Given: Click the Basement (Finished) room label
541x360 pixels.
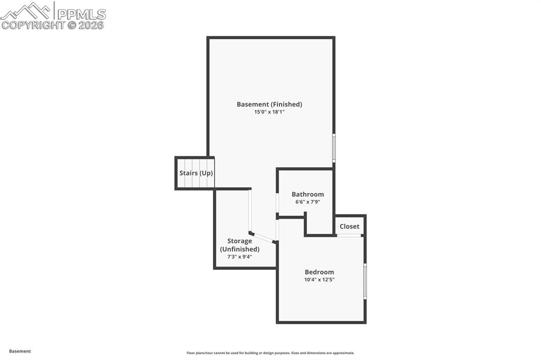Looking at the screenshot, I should (x=269, y=105).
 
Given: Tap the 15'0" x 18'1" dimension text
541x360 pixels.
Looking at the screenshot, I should (x=269, y=112).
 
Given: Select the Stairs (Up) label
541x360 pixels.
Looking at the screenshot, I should (x=196, y=173).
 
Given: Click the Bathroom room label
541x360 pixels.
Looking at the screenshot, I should (x=307, y=194).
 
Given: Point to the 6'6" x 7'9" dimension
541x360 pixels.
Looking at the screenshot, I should (x=307, y=202).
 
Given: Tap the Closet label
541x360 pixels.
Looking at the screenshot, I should (x=349, y=226).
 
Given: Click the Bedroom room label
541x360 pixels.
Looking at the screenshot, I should (x=319, y=272).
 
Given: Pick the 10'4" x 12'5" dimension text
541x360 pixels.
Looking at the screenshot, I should (x=319, y=280).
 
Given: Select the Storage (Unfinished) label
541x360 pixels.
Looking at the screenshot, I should (x=239, y=245).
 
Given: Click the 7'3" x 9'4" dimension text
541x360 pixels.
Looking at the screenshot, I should (x=239, y=257).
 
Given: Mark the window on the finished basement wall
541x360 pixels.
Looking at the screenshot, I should (x=333, y=148).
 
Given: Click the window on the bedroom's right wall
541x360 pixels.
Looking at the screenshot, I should (x=365, y=282).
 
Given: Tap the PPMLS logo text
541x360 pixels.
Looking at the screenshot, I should (x=81, y=13).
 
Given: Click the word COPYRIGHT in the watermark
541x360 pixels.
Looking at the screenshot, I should (x=33, y=25).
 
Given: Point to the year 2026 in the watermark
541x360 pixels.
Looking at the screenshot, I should (x=91, y=25).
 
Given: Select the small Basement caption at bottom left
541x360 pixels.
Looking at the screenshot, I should (x=20, y=351).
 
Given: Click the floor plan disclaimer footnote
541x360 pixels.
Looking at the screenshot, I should (x=270, y=353).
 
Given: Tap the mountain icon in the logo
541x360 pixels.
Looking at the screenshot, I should (x=26, y=11).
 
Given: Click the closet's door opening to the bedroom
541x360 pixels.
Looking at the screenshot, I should (x=349, y=235).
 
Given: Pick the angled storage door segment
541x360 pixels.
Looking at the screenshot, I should (x=263, y=238).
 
